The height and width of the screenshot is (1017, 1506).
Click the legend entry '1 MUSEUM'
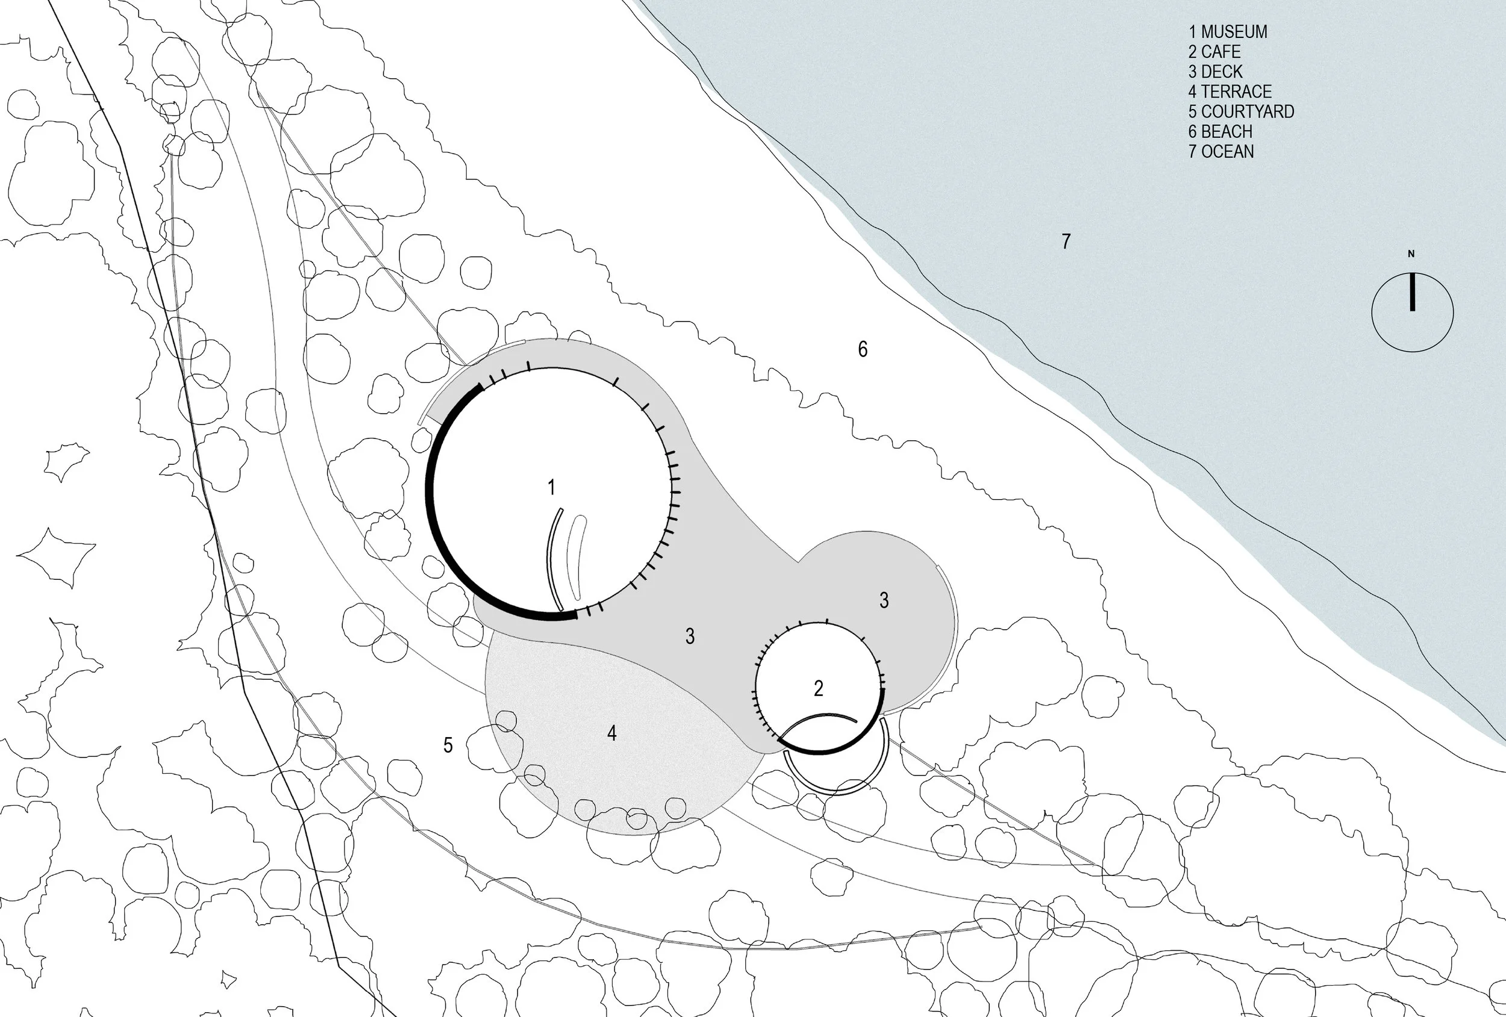click(1228, 32)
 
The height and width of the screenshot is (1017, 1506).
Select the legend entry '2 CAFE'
click(1214, 52)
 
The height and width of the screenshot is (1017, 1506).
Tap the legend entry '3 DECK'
click(1216, 72)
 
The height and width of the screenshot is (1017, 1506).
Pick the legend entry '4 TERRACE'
click(1230, 92)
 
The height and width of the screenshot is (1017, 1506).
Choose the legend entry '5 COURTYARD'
click(1241, 112)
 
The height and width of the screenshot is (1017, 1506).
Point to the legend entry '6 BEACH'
click(1220, 132)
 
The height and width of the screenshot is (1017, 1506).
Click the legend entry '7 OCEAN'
click(1221, 152)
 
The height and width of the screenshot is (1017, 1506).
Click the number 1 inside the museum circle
click(551, 488)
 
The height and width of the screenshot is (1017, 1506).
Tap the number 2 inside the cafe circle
click(819, 688)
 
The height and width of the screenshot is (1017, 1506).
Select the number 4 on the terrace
click(611, 733)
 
